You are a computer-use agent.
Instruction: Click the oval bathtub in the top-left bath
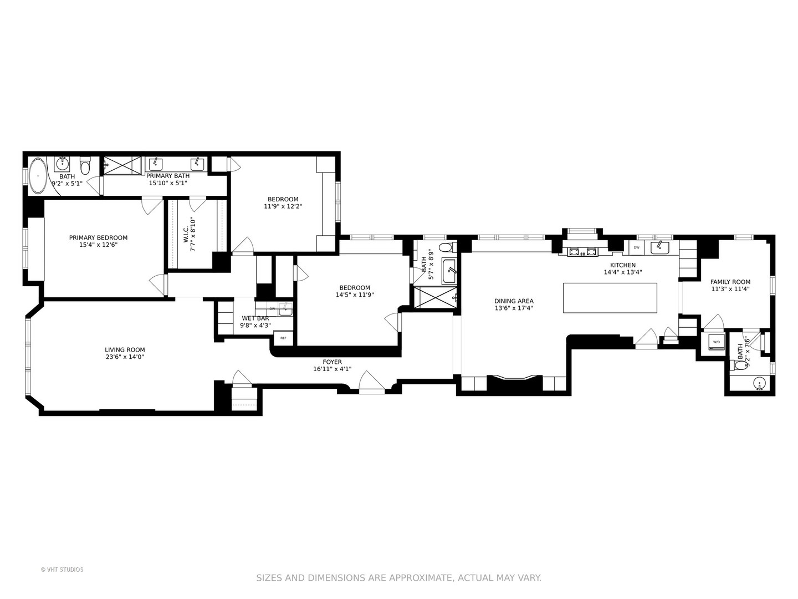pos(38,176)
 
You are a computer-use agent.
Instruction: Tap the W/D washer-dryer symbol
pos(717,342)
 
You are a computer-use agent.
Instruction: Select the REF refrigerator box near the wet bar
pos(283,338)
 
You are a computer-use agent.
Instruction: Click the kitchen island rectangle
pos(610,298)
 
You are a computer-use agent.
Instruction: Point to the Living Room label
pos(125,350)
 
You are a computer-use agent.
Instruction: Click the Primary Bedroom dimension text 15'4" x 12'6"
pos(98,245)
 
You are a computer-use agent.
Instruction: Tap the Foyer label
pos(332,362)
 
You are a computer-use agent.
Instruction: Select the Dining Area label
pos(514,301)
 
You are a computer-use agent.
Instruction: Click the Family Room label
pos(730,282)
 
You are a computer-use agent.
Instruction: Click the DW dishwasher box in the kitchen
pos(637,247)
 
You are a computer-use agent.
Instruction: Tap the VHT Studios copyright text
pos(62,570)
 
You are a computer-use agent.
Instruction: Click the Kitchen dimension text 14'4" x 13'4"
pos(623,272)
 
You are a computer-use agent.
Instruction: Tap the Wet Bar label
pos(255,318)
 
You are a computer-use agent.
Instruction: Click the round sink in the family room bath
pos(759,383)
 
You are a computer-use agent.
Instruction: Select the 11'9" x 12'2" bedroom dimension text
pos(283,206)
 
